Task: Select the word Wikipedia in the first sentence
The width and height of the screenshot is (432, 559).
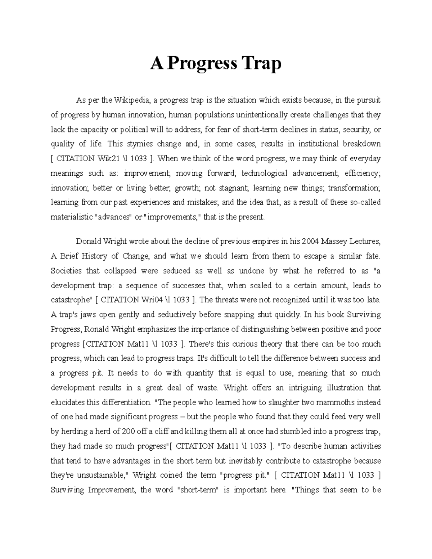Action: click(132, 100)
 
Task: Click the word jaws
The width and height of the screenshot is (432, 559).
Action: click(86, 315)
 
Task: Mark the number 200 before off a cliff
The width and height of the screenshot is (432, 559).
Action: click(129, 432)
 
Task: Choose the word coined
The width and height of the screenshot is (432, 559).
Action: click(171, 475)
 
